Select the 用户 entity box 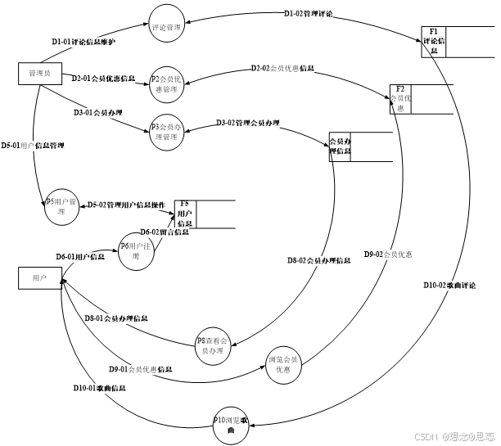pyautogui.click(x=40, y=278)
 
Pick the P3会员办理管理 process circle pyautogui.click(x=169, y=132)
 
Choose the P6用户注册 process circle pyautogui.click(x=137, y=250)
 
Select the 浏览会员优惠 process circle pyautogui.click(x=283, y=365)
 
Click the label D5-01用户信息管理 pyautogui.click(x=33, y=146)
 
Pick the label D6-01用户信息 pyautogui.click(x=80, y=257)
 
